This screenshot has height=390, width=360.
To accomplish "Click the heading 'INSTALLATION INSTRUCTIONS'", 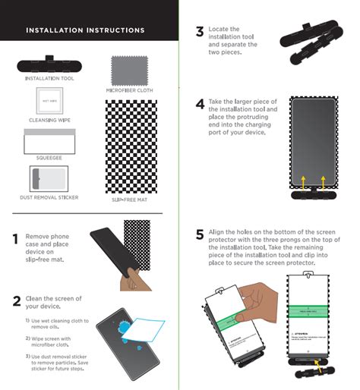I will pos(85,30).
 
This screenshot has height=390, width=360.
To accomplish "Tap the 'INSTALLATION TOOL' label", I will pos(49,78).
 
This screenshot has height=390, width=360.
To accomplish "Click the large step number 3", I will pos(200,32).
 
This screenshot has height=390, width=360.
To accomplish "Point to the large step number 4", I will pos(200,104).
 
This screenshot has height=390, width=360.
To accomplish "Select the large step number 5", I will pos(200,234).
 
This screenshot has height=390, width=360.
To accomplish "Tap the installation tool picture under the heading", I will pos(49,63).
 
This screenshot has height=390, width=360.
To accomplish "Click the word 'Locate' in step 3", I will pos(218,29).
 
